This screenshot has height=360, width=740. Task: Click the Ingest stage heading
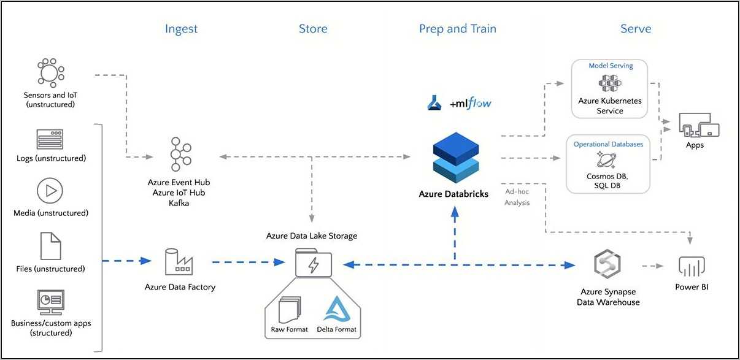pyautogui.click(x=181, y=29)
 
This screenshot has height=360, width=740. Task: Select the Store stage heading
pyautogui.click(x=313, y=29)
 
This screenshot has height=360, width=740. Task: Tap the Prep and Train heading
pyautogui.click(x=457, y=29)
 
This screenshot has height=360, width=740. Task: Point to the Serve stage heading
pyautogui.click(x=636, y=29)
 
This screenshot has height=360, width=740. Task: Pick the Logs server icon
pyautogui.click(x=50, y=140)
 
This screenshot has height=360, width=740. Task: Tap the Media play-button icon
pyautogui.click(x=50, y=191)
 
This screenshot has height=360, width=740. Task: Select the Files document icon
pyautogui.click(x=50, y=245)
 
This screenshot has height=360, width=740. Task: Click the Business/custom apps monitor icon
pyautogui.click(x=50, y=302)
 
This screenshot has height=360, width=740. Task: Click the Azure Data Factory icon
pyautogui.click(x=179, y=262)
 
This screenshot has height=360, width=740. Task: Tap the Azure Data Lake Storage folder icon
pyautogui.click(x=313, y=264)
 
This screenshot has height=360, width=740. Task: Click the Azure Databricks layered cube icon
pyautogui.click(x=455, y=159)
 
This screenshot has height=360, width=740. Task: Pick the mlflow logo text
pyautogui.click(x=471, y=104)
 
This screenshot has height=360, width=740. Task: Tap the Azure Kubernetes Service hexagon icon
pyautogui.click(x=610, y=83)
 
